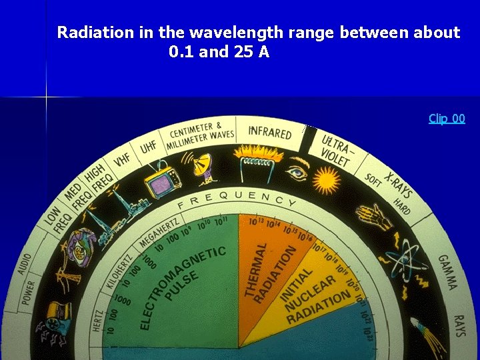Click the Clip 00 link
pyautogui.click(x=447, y=119)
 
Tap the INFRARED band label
pyautogui.click(x=270, y=131)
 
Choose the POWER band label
pyautogui.click(x=28, y=293)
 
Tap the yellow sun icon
pyautogui.click(x=327, y=179)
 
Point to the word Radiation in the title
pyautogui.click(x=96, y=32)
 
